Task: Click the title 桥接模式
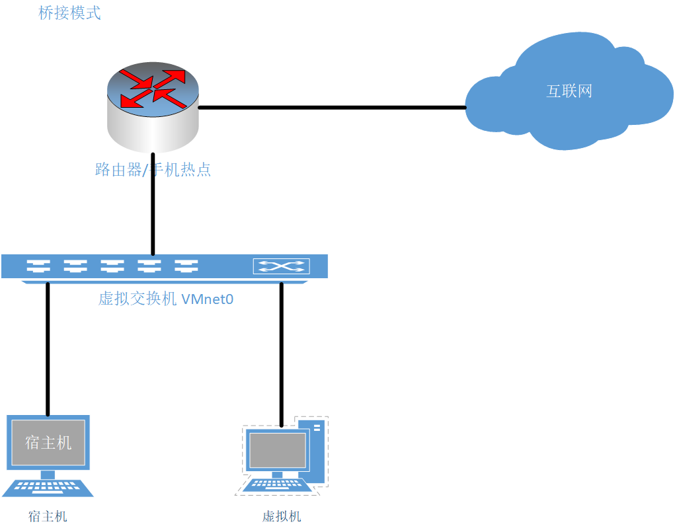coord(69,13)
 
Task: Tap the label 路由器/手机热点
coord(153,170)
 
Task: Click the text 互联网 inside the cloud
coord(569,91)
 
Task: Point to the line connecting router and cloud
coord(331,107)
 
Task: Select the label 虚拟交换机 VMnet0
coord(166,299)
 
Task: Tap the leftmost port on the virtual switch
coord(38,266)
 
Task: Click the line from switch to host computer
coord(48,350)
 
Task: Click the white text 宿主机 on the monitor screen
coord(48,442)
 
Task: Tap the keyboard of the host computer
coord(48,488)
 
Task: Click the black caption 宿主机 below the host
coord(48,516)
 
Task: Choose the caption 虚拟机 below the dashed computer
coord(282,516)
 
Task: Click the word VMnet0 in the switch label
coord(207,299)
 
